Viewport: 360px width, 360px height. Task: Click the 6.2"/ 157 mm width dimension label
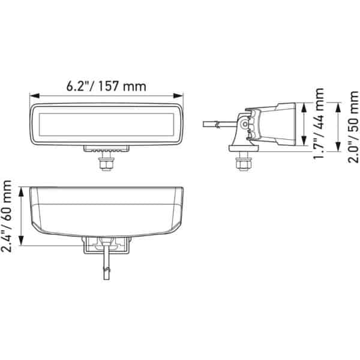click(106, 86)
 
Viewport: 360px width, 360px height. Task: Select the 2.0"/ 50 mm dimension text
click(353, 127)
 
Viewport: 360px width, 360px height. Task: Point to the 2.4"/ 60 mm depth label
click(7, 216)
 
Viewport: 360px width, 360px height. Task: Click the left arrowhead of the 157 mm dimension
click(34, 96)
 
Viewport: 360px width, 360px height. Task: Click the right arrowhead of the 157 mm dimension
click(178, 96)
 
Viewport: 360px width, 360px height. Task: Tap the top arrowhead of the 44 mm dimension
click(304, 107)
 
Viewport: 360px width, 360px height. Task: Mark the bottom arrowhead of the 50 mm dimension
click(338, 147)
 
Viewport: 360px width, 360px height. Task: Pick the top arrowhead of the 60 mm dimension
click(21, 192)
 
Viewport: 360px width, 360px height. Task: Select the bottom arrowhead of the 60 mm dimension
click(21, 241)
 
